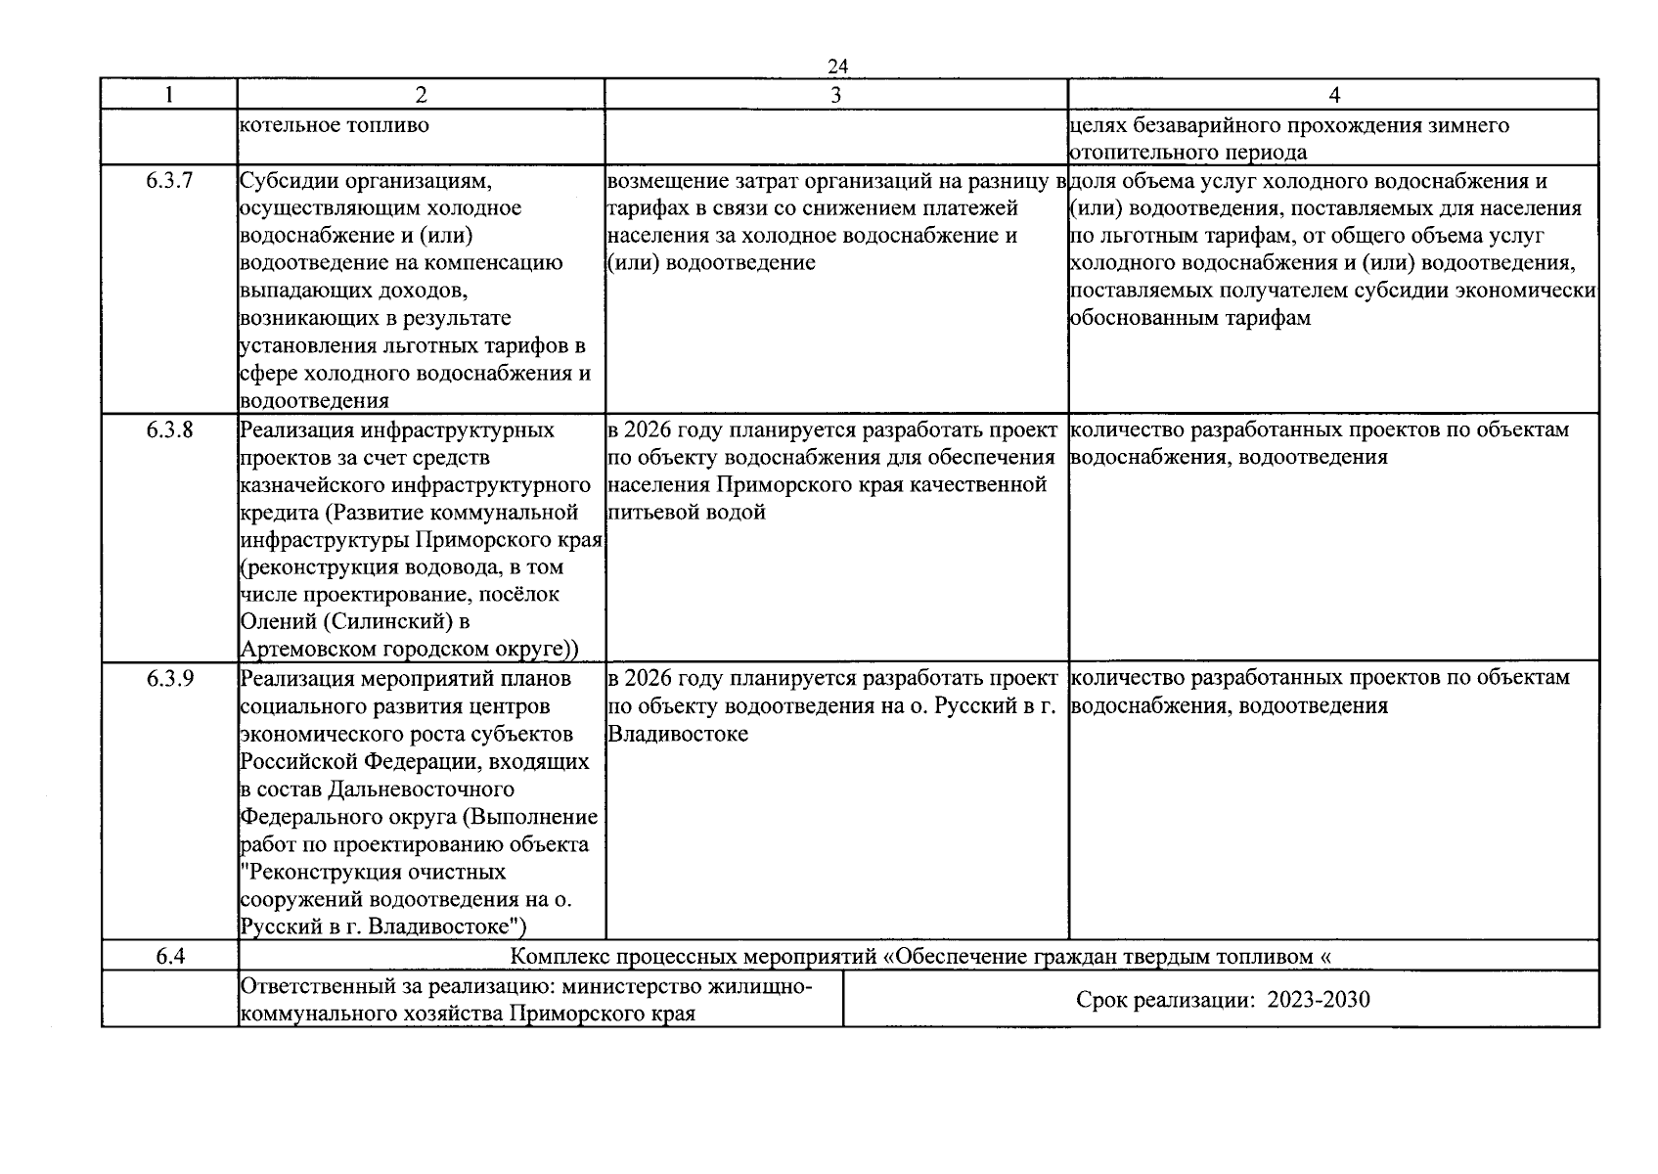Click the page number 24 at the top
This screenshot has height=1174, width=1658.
click(x=837, y=66)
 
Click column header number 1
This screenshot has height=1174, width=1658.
click(x=169, y=95)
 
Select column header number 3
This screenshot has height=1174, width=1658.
click(x=835, y=95)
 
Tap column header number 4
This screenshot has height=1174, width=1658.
click(x=1333, y=95)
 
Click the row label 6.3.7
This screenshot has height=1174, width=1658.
click(x=169, y=182)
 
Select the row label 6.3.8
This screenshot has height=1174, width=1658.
click(x=169, y=430)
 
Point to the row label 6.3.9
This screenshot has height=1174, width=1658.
click(x=169, y=678)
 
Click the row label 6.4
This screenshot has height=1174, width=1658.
click(x=169, y=956)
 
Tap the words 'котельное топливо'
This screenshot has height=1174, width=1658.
click(x=334, y=125)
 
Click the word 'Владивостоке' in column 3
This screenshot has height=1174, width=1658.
click(x=678, y=734)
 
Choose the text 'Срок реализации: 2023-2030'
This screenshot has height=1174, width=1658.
click(x=1222, y=999)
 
